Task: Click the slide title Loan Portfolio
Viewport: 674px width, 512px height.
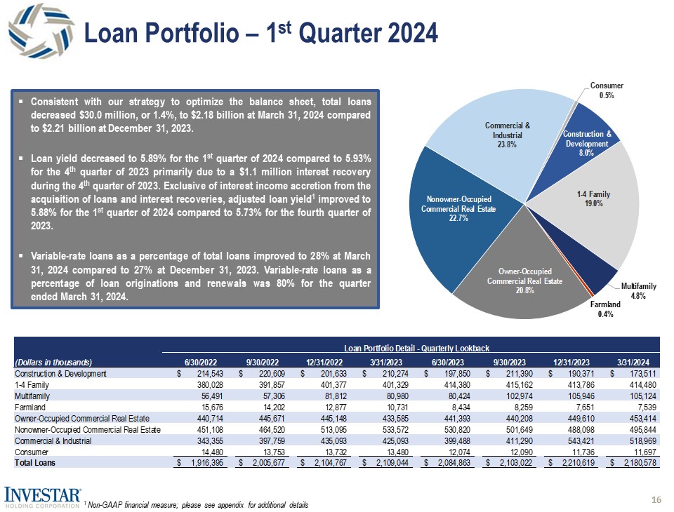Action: click(x=260, y=32)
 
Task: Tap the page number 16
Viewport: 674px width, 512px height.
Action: click(x=656, y=499)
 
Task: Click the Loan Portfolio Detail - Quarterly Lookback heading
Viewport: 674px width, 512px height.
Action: click(x=416, y=349)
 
